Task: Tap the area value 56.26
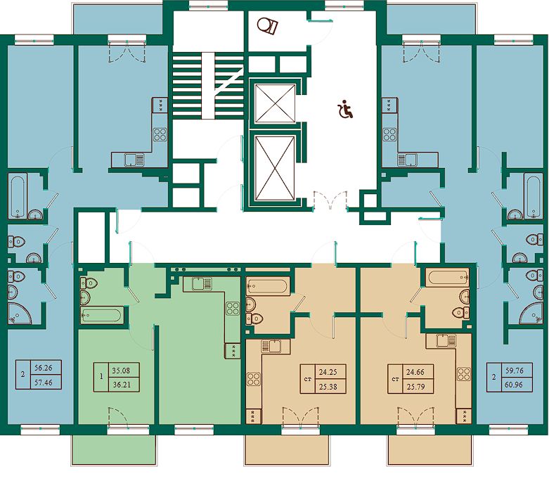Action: point(44,368)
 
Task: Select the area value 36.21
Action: point(122,385)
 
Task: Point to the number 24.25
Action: point(328,372)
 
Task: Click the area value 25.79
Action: point(415,387)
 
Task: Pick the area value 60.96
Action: point(514,385)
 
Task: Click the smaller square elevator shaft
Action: point(275,103)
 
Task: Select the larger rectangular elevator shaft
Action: point(275,168)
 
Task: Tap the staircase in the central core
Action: point(208,86)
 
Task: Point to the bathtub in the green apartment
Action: point(102,315)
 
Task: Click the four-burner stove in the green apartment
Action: point(233,308)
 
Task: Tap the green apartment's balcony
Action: point(113,450)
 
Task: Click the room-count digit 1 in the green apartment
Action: point(101,378)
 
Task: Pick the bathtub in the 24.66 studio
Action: point(448,277)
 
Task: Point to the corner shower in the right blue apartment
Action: point(531,313)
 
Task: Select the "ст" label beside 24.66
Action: point(396,380)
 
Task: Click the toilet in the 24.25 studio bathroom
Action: point(254,319)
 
